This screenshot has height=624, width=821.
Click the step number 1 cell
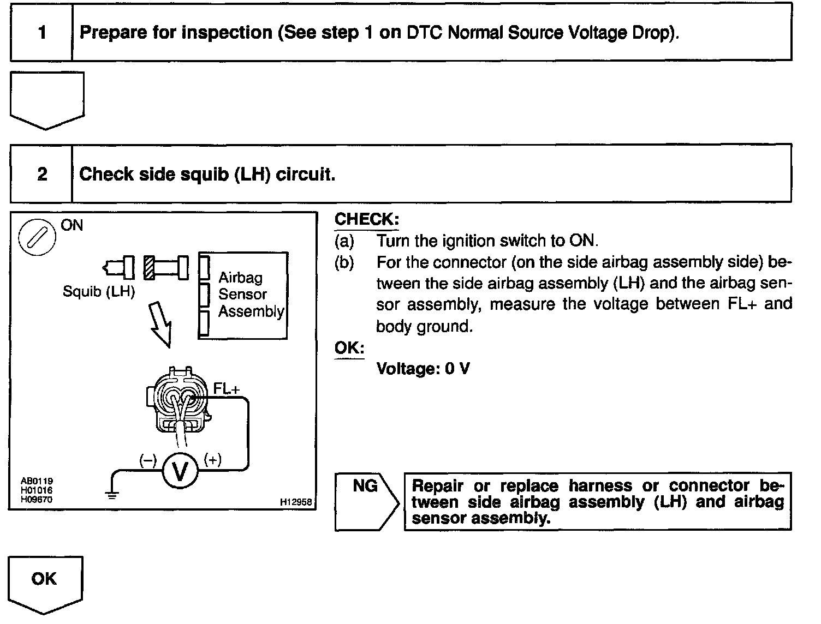click(42, 33)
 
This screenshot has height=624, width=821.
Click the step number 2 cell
click(42, 175)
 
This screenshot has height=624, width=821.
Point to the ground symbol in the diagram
click(112, 494)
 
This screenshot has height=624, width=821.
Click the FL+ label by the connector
click(226, 389)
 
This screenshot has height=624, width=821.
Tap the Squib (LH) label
click(98, 291)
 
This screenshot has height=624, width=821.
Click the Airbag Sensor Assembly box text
click(251, 295)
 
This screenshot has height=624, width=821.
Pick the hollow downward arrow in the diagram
click(162, 324)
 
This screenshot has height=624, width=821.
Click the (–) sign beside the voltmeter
click(147, 460)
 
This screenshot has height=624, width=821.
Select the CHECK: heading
click(367, 219)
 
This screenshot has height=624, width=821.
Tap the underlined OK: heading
click(349, 347)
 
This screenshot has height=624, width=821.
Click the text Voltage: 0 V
click(423, 369)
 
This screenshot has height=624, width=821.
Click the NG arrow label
click(365, 485)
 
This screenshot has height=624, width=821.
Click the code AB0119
click(37, 481)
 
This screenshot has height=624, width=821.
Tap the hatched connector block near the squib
click(149, 267)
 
